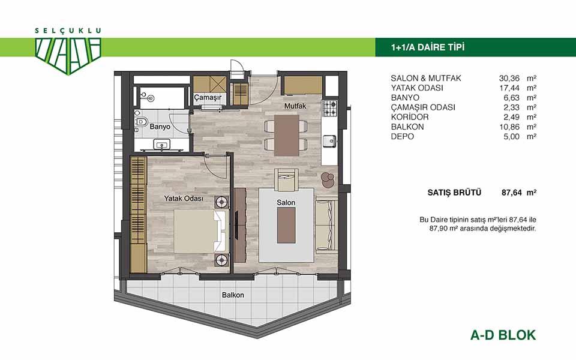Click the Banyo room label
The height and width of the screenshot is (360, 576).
pos(160,127)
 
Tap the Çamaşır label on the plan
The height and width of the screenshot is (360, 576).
pos(208,97)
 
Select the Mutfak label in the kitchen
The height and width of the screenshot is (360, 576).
pos(295,106)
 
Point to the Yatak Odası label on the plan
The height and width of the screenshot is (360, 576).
pos(184,199)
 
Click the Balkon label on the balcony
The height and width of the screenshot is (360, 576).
pos(233,295)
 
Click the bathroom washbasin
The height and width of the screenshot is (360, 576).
pos(161,145)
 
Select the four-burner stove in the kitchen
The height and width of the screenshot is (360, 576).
pos(329,107)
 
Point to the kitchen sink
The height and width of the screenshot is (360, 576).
pos(329,140)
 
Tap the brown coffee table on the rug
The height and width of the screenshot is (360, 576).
pos(286,226)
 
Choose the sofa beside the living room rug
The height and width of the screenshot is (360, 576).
pos(326,225)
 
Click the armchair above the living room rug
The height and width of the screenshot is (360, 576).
pos(287,179)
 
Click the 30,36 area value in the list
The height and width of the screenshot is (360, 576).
pos(509,78)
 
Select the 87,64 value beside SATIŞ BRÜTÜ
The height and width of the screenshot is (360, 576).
pos(512,193)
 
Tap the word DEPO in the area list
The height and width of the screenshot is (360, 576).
pos(402,137)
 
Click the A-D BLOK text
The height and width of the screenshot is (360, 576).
pos(503,335)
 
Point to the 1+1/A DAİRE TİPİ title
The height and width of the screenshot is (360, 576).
pos(428,47)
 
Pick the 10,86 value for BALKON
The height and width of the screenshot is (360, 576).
pos(509,127)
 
